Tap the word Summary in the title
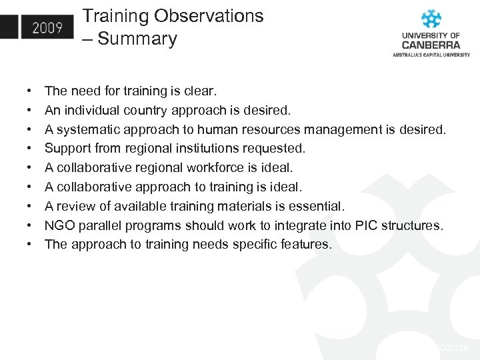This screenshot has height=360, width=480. (137, 39)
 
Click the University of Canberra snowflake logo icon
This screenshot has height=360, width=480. (431, 19)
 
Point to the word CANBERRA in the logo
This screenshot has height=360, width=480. (431, 45)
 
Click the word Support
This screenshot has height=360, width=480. (68, 148)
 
